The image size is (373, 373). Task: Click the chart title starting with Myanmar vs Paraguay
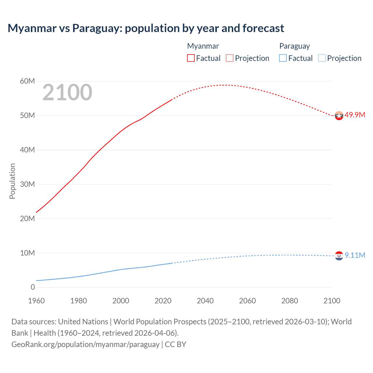146,28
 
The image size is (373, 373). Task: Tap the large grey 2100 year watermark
67,92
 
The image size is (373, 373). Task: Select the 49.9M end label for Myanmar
355,115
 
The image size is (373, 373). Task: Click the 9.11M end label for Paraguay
355,255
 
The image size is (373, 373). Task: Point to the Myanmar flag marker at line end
339,116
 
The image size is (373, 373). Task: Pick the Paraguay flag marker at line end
339,256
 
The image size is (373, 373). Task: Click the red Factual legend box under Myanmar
191,58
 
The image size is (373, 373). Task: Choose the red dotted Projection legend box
230,58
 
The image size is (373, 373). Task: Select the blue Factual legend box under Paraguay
283,58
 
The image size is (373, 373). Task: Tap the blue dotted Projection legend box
322,58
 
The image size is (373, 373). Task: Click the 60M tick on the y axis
27,81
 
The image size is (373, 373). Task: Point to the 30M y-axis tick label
27,184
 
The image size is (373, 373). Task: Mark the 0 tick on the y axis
33,287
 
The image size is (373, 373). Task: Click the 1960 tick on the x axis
36,301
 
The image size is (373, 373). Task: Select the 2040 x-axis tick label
205,301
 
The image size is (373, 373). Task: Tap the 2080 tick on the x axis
290,301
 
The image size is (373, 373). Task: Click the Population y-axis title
12,181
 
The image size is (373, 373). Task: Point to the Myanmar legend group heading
203,46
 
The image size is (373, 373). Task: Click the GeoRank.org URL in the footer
85,344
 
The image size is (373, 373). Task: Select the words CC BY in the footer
175,344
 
